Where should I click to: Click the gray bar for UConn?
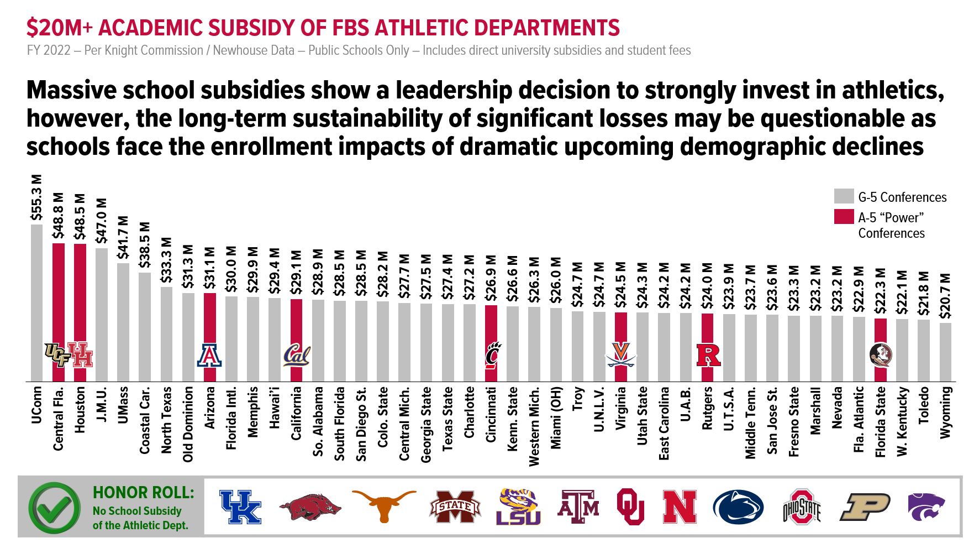coord(36,303)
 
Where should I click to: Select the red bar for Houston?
coord(80,312)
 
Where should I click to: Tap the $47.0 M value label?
coord(102,221)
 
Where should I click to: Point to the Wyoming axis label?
coord(946,413)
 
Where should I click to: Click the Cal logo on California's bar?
coord(297,355)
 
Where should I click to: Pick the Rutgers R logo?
coord(708,355)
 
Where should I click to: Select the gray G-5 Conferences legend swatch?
coord(844,196)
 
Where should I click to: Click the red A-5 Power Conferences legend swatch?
coord(844,217)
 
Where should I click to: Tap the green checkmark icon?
coord(55,508)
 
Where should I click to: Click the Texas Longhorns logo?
coord(383,505)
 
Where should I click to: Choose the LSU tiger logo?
coord(518,507)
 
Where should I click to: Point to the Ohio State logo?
coord(802,507)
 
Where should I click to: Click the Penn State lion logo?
coord(738,507)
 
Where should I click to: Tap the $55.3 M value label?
coord(36,198)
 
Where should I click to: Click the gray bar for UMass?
coord(123,322)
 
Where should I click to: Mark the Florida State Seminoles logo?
coord(881,355)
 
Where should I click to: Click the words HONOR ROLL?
coord(144,492)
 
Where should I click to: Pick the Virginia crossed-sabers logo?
coord(621,354)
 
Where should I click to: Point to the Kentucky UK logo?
coord(240,507)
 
